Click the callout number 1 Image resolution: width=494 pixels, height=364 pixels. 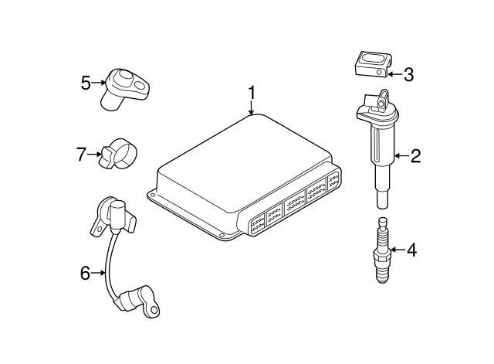251,94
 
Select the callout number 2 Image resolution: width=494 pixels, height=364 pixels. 414,157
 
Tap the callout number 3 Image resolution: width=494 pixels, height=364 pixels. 408,74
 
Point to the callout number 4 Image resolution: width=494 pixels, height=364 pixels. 411,250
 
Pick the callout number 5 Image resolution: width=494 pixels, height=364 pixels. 86,80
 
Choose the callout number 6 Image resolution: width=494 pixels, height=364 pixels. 86,272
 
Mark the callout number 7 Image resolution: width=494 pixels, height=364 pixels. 82,154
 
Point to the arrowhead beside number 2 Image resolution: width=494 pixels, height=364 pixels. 397,157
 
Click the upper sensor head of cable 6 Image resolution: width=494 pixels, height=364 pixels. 111,214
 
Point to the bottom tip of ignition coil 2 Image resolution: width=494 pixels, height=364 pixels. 381,202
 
